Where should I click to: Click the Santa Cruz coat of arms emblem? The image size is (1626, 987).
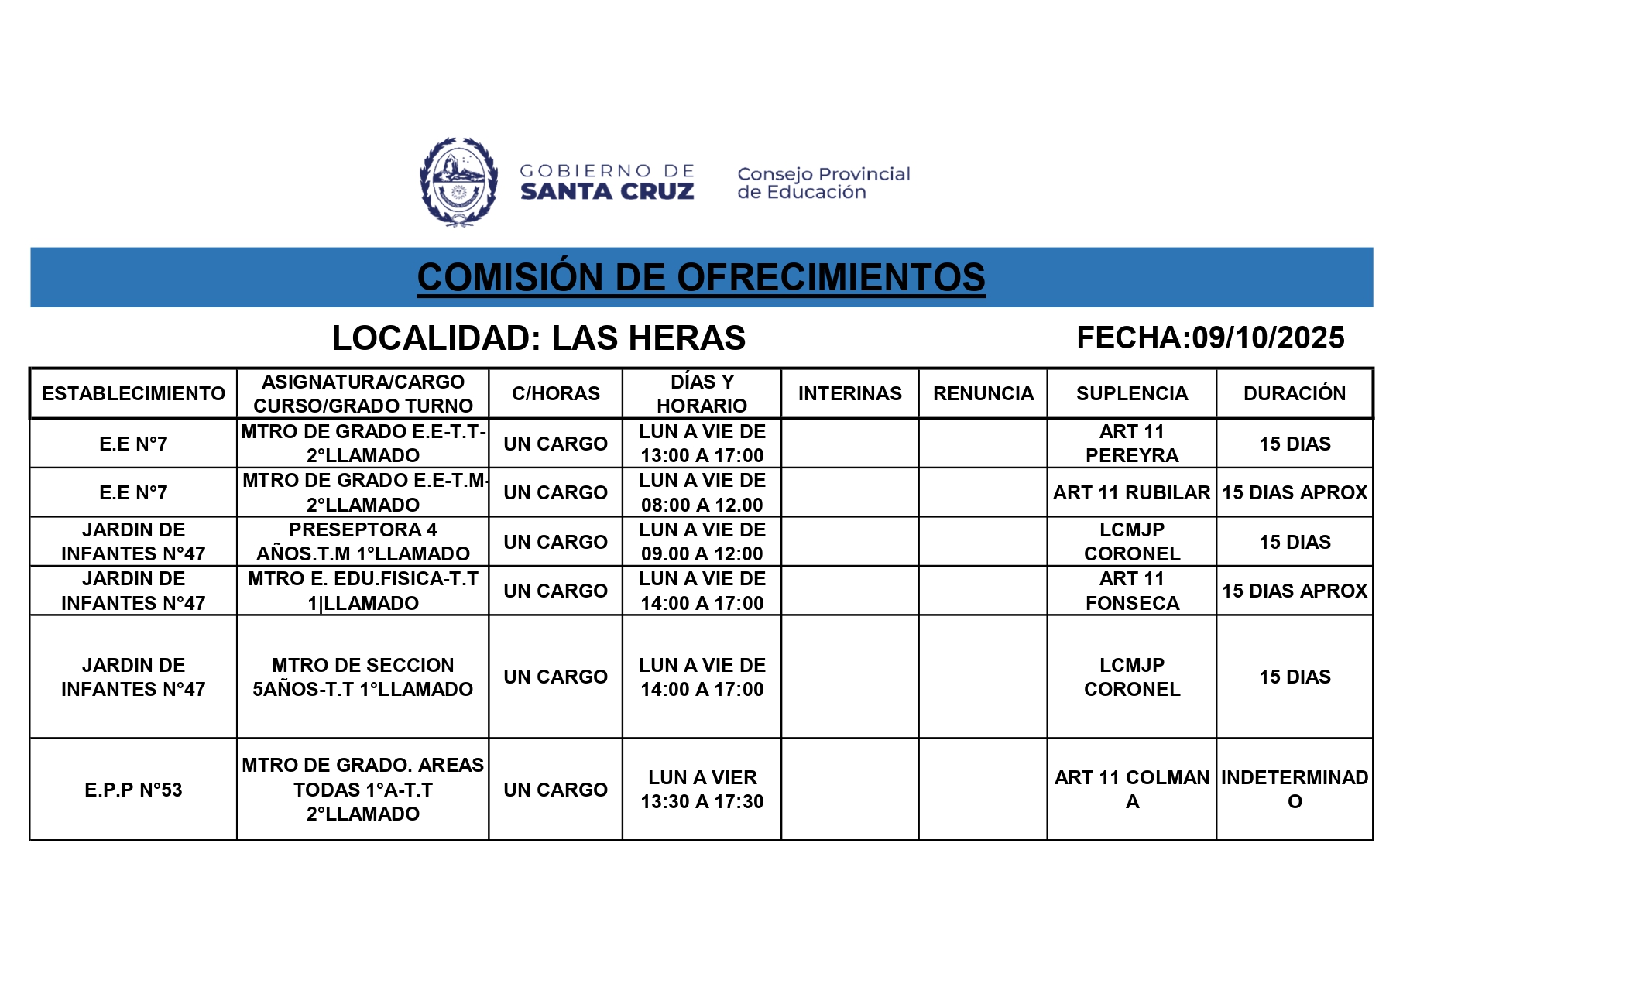[458, 182]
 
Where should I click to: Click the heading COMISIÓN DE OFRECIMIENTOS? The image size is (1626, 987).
[701, 277]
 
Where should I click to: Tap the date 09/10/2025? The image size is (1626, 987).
[1268, 338]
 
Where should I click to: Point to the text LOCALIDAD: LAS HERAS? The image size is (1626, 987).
[538, 338]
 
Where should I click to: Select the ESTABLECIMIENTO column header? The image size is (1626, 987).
[133, 393]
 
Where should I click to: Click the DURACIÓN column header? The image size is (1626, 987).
[1294, 393]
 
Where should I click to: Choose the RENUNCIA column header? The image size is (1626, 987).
[983, 393]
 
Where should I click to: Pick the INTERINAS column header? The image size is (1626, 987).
[849, 393]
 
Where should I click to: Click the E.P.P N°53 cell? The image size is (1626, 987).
[133, 790]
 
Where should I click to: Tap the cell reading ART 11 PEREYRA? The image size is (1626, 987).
[1131, 444]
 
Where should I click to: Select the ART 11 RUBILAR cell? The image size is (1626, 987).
[1131, 492]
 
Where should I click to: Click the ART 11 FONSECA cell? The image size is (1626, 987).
[1131, 591]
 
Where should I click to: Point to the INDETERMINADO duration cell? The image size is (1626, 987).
[1294, 789]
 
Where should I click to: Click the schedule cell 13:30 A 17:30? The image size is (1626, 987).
[702, 790]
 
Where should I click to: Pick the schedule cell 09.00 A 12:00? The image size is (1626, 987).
[702, 542]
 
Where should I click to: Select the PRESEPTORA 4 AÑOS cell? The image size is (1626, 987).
[362, 542]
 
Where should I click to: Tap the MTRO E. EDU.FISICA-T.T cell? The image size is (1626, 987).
[362, 591]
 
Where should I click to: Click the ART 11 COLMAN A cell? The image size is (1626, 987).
[1131, 789]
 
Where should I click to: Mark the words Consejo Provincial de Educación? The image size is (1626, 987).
[823, 183]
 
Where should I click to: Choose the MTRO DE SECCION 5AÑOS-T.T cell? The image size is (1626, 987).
[362, 677]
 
